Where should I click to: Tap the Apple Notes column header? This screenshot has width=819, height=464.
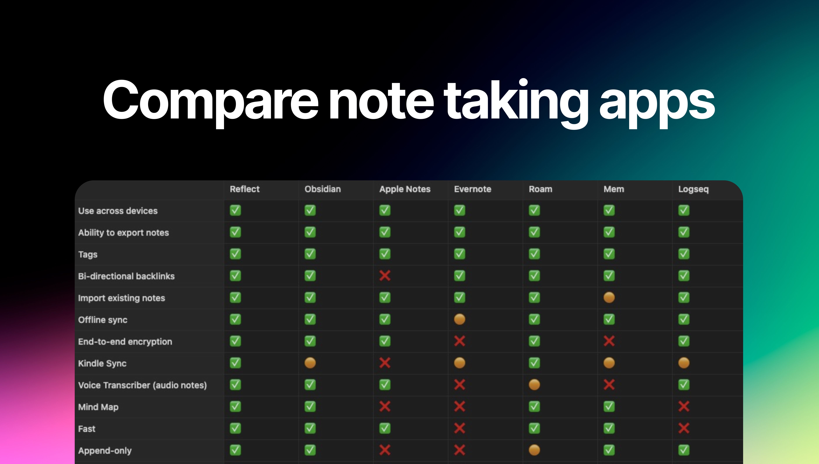click(405, 189)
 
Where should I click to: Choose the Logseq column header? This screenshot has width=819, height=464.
click(693, 189)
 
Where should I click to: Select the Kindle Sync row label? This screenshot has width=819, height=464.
click(102, 363)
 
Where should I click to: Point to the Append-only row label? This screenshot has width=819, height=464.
click(105, 451)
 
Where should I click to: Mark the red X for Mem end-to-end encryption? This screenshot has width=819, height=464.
click(609, 341)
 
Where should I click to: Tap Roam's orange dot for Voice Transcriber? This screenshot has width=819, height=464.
click(534, 385)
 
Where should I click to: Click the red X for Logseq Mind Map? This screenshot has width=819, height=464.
click(684, 406)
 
